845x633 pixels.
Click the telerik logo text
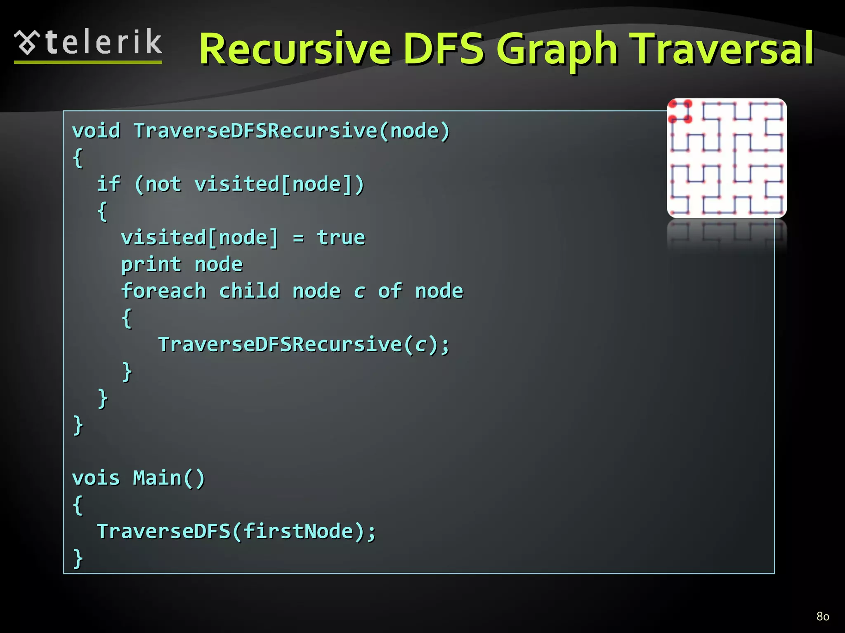[x=103, y=42]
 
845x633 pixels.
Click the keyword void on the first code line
[x=96, y=131]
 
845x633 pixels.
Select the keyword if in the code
[x=109, y=184]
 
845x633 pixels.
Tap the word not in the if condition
[x=163, y=184]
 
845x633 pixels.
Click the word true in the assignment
[x=341, y=238]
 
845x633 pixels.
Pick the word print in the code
[x=151, y=265]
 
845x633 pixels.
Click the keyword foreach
[x=163, y=291]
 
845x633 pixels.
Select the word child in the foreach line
[x=249, y=291]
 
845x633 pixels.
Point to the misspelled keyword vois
[x=96, y=478]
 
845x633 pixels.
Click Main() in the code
[x=169, y=478]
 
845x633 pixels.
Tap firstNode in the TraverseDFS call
[x=298, y=531]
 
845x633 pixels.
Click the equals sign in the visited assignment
[x=298, y=238]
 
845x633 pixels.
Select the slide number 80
[x=823, y=616]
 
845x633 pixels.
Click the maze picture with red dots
[x=727, y=158]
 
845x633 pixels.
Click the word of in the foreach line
[x=389, y=291]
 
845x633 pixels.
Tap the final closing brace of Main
[x=78, y=558]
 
